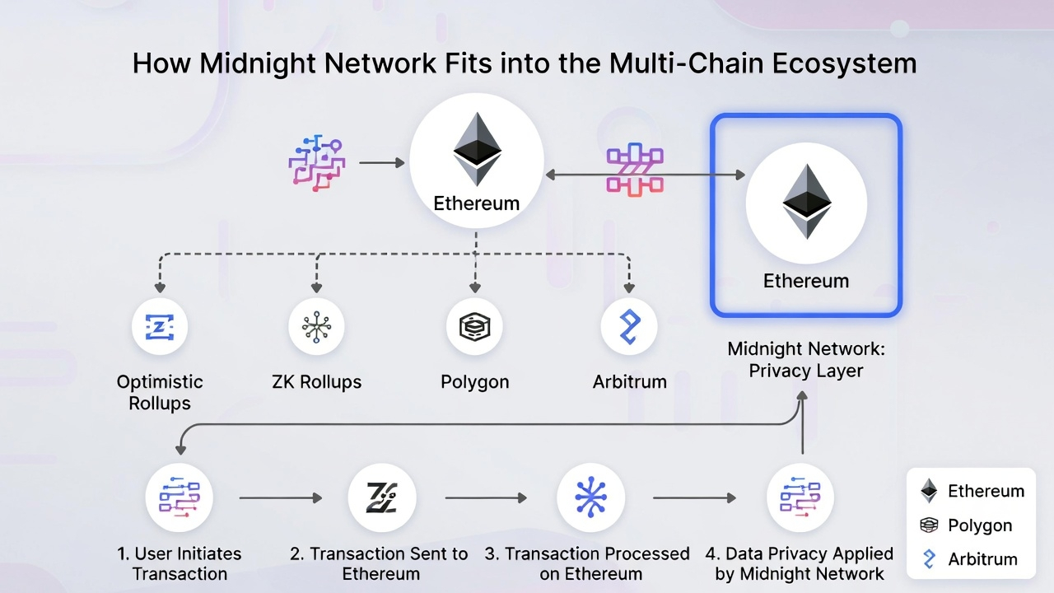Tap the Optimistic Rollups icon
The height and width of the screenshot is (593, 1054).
[160, 327]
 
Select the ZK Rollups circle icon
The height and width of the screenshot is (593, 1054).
[316, 327]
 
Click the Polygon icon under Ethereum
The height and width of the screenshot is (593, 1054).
[474, 327]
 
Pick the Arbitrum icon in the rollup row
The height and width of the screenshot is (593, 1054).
[629, 327]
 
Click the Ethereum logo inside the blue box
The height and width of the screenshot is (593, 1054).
[805, 202]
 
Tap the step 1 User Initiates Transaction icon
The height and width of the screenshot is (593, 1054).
[180, 498]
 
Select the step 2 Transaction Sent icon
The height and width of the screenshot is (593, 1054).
[382, 498]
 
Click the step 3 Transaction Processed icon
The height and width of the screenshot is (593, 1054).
[590, 498]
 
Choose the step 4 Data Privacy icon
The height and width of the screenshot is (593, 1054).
[800, 498]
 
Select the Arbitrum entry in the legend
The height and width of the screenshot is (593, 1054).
[970, 559]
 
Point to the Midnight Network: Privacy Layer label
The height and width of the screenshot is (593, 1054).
[805, 360]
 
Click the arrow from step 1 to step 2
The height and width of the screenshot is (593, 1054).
[280, 498]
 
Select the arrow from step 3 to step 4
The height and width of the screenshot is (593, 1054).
[694, 498]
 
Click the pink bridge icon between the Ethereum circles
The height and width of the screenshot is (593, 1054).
[635, 170]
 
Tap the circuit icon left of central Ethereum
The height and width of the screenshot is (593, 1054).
[317, 163]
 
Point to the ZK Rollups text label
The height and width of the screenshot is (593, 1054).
[316, 382]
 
